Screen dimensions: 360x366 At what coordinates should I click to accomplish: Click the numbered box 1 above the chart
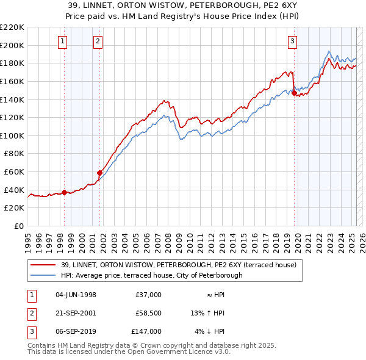64,41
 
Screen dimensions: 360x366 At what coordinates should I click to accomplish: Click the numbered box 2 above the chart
98,41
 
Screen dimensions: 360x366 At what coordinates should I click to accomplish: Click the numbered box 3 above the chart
293,41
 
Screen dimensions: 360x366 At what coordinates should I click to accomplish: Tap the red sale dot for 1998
64,192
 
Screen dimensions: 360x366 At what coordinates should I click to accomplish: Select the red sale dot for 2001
99,173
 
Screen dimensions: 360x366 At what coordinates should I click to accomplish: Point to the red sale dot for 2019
294,93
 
